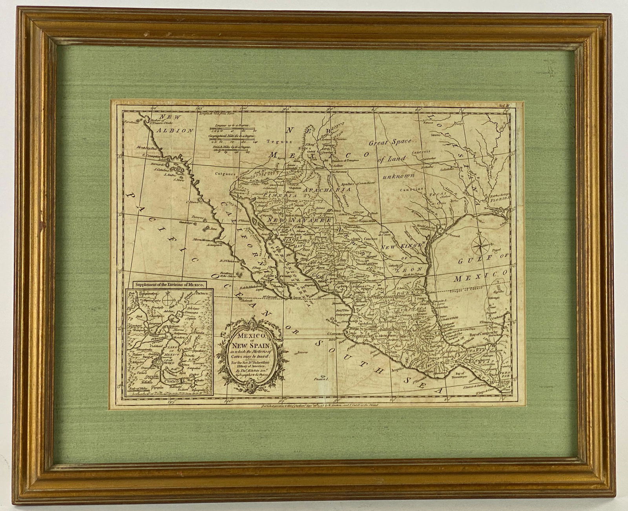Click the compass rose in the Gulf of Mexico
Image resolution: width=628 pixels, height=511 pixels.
pos(480,246)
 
